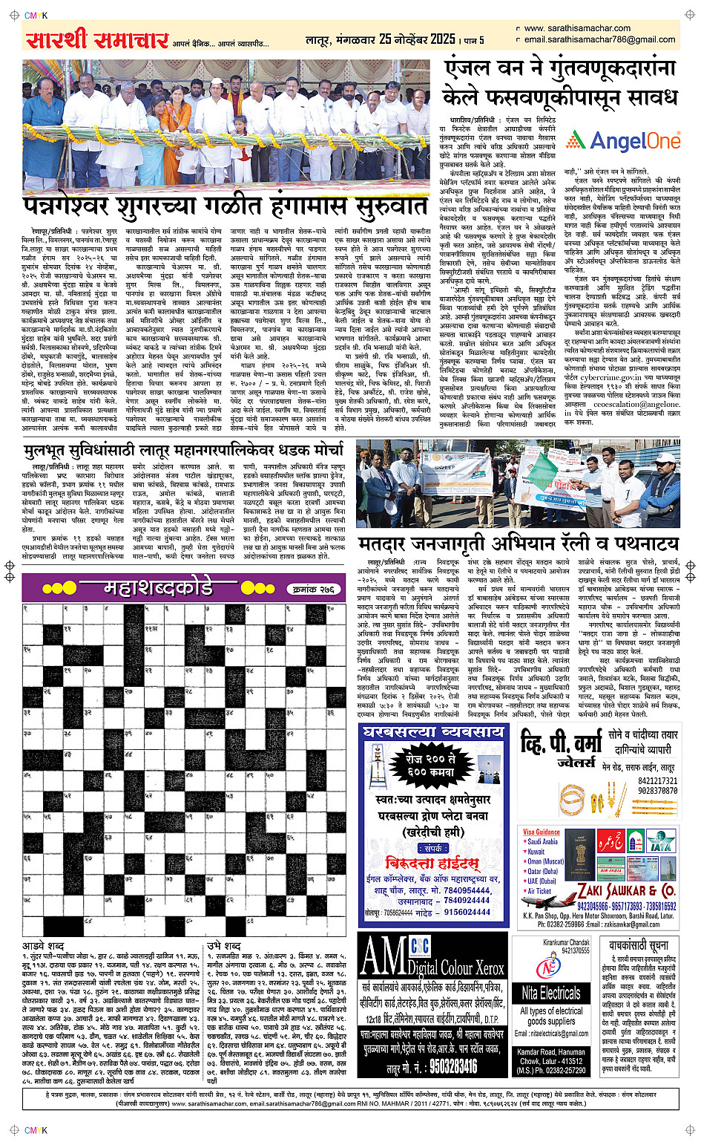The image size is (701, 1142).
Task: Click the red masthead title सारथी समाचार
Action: coord(96,39)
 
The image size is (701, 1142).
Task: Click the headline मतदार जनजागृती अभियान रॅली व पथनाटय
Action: coord(518,543)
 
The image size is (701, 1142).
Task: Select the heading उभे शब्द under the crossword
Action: coord(223,945)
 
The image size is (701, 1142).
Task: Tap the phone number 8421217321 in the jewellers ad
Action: coord(657,781)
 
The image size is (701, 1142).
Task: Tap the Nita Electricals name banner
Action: coord(550,993)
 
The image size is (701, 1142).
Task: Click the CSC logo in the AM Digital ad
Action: coord(420,947)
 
